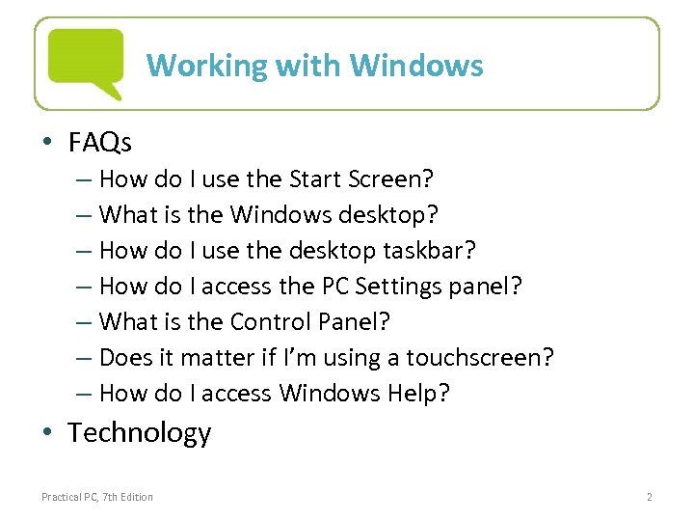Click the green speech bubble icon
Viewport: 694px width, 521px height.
[x=86, y=62]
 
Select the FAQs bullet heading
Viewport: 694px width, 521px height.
[x=100, y=143]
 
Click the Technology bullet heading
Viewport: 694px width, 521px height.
[x=139, y=432]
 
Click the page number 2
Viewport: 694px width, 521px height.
[x=650, y=497]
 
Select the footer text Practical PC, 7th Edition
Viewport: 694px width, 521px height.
[x=97, y=497]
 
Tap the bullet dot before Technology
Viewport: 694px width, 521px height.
[x=48, y=434]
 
